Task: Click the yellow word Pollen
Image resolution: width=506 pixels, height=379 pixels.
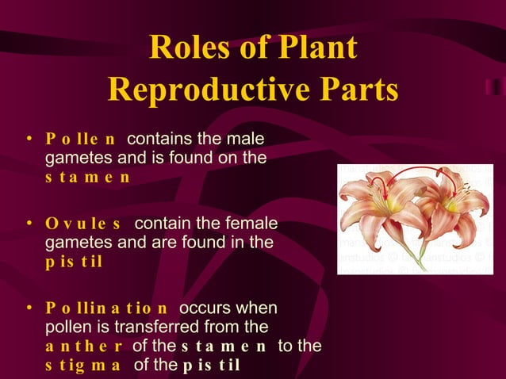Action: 81,140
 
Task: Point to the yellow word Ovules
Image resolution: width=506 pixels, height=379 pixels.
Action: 83,224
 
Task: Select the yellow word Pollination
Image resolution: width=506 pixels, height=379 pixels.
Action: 107,308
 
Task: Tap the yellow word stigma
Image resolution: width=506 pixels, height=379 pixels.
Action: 83,365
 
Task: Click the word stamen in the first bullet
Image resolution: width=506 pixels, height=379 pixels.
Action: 87,177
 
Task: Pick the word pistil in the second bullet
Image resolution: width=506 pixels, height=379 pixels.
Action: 74,261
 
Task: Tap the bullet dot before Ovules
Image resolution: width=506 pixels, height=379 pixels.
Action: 29,223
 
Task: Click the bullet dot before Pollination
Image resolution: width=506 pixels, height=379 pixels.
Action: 29,307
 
